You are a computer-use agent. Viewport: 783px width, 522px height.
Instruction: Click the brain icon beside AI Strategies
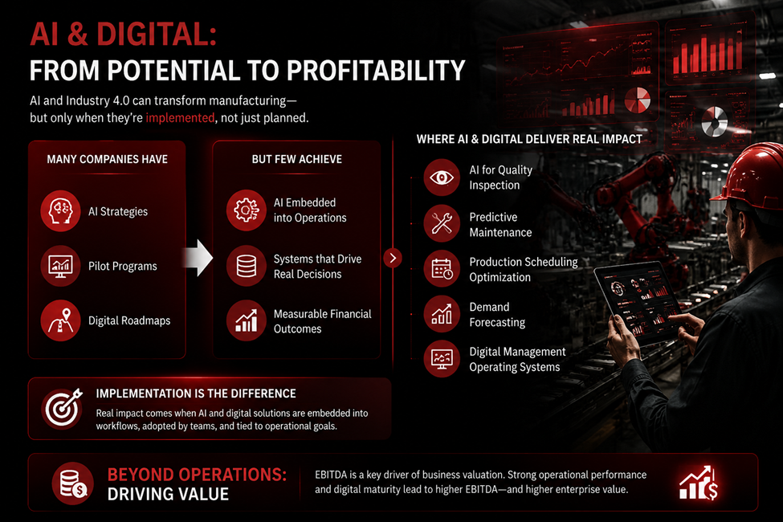click(x=60, y=210)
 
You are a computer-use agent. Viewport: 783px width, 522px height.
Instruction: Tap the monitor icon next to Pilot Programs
click(x=60, y=266)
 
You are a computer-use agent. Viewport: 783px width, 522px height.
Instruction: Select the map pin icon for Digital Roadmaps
click(x=60, y=320)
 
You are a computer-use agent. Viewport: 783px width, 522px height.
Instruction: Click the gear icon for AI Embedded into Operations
click(x=247, y=210)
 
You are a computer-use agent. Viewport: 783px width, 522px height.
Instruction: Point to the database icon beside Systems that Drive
click(x=247, y=266)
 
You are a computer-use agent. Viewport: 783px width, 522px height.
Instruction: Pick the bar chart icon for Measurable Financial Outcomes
click(x=247, y=320)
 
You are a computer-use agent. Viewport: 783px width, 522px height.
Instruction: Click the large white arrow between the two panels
click(x=198, y=258)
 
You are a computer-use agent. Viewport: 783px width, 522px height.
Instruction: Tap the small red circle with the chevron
click(x=393, y=258)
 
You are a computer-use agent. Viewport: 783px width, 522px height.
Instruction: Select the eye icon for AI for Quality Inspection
click(x=442, y=177)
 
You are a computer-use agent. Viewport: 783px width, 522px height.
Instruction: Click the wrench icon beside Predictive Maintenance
click(x=442, y=223)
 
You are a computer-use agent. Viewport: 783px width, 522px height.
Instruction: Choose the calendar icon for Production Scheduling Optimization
click(x=442, y=269)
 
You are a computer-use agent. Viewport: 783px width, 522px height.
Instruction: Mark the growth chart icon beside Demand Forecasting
click(x=442, y=314)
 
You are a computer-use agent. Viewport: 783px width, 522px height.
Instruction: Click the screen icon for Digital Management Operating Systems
click(x=442, y=359)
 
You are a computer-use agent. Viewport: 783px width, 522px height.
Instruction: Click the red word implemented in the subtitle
click(x=180, y=118)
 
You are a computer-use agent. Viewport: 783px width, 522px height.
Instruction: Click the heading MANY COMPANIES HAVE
click(x=108, y=159)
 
